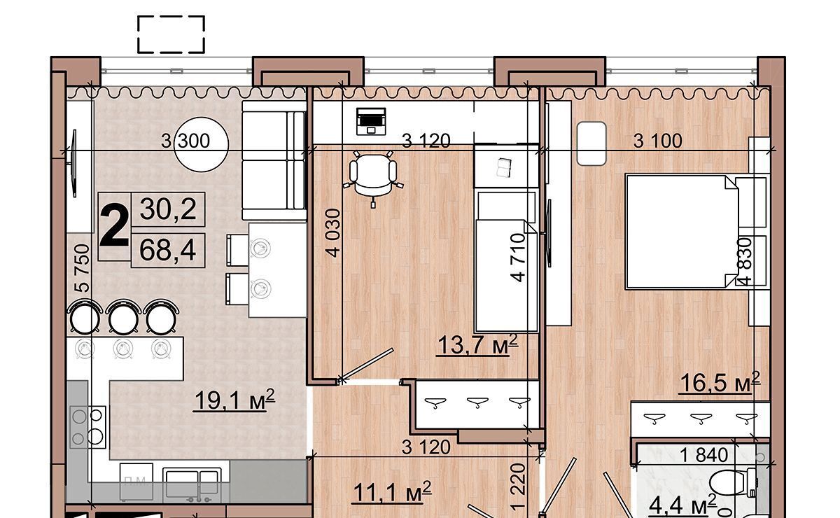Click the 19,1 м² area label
234,400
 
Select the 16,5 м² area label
720,383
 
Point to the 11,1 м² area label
392,492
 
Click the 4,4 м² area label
682,505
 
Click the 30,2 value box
168,209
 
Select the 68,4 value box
168,250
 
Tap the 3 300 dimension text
185,141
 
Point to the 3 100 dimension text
658,141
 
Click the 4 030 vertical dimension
333,233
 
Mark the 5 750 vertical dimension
82,268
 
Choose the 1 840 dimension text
704,455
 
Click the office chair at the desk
374,177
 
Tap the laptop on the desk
371,121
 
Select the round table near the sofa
202,144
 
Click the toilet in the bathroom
734,483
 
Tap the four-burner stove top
87,427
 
